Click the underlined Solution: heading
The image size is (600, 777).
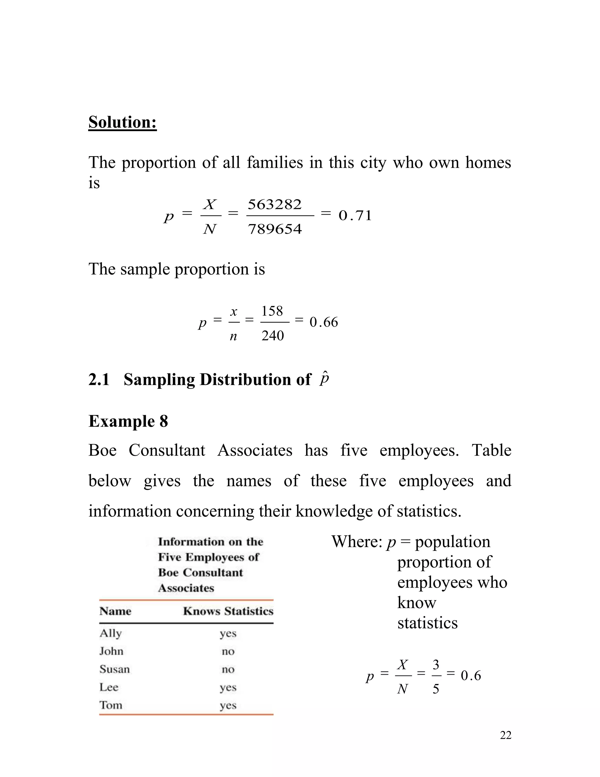[122, 122]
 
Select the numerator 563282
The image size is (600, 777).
[275, 205]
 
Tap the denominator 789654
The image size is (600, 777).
[275, 229]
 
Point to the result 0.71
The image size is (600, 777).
[355, 216]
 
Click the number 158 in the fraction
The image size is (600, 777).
[272, 311]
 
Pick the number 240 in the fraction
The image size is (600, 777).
[273, 335]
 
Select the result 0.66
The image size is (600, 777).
[324, 322]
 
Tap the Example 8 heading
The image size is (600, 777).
[128, 421]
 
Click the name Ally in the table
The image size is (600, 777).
[110, 633]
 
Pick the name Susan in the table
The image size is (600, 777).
[115, 669]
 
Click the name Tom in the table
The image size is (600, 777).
[110, 705]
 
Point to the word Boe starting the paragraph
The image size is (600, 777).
[102, 450]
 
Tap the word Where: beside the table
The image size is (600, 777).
[357, 542]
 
